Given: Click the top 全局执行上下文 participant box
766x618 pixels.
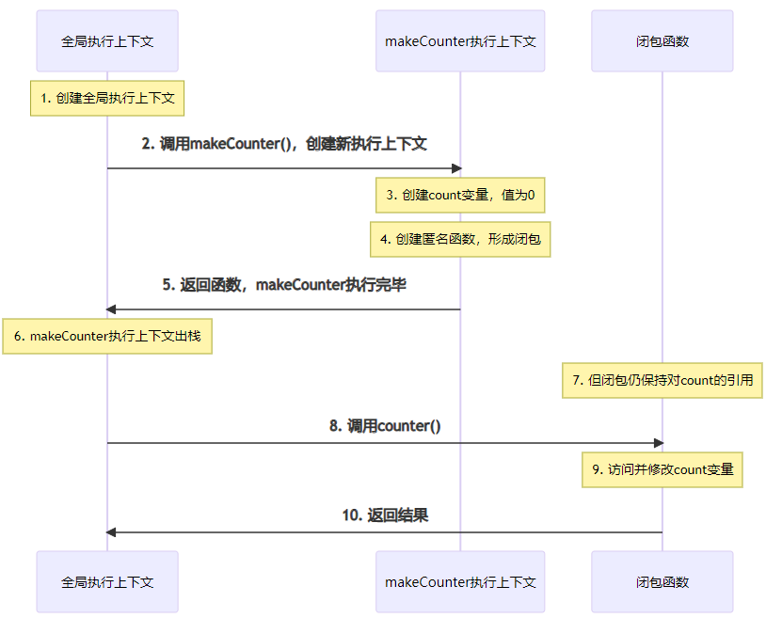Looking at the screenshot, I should (x=107, y=41).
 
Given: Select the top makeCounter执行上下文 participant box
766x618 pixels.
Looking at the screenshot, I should (x=460, y=41).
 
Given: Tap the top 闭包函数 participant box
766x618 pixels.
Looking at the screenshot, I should (x=662, y=41).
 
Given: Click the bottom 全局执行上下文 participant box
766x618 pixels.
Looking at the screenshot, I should (x=107, y=582).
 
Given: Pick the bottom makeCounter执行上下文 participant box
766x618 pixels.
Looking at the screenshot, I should (x=460, y=582).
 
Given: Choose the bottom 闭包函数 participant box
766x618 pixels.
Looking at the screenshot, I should (x=662, y=582).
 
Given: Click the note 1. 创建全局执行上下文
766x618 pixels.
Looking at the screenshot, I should (x=107, y=97).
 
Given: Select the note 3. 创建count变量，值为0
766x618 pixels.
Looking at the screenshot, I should (x=460, y=196).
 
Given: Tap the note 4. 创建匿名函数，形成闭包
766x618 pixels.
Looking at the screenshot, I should (x=460, y=239).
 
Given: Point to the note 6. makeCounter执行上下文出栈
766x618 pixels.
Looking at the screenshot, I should (x=107, y=336).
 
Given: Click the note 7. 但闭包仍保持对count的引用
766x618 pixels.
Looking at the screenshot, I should (x=662, y=380).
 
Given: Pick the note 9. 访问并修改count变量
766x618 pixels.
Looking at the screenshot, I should (x=662, y=469).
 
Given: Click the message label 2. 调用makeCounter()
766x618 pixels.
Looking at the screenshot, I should (x=284, y=144).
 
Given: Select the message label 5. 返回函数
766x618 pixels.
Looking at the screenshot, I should (x=284, y=284).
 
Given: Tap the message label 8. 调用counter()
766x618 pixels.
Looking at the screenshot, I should (x=385, y=425).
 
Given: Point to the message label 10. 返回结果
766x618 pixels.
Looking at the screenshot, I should (x=385, y=515).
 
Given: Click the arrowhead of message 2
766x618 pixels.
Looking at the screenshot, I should (x=456, y=168).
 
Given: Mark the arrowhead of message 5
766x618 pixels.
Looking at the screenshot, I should (x=111, y=309).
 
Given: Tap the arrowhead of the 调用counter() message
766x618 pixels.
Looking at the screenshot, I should (x=658, y=443).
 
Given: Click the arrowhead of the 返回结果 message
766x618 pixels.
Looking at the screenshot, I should (x=111, y=532).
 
